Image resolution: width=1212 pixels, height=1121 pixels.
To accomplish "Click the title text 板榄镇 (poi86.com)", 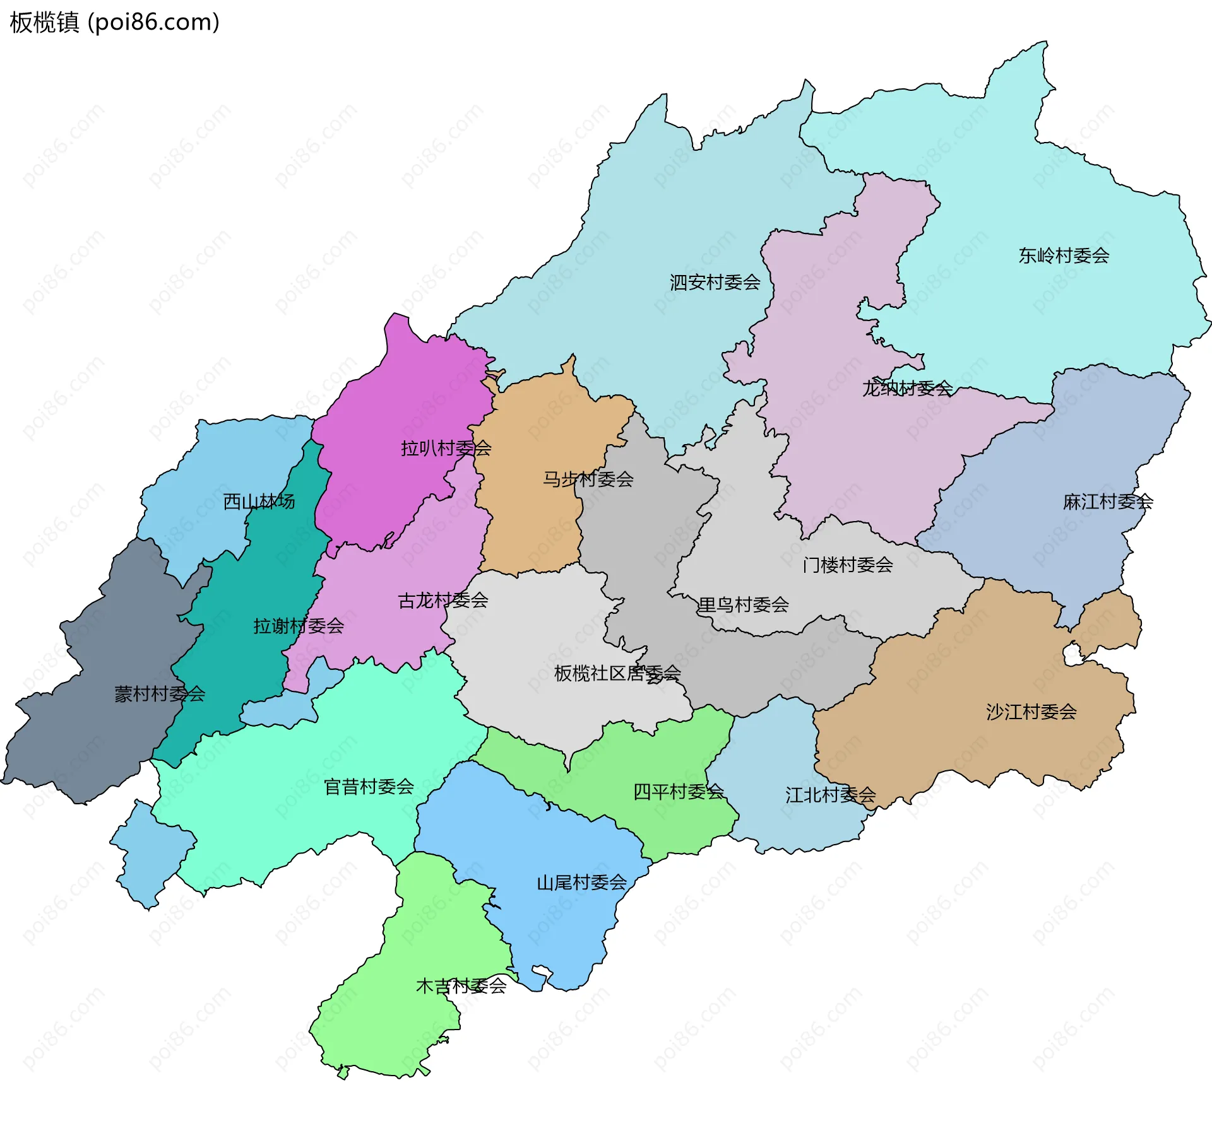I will [x=114, y=23].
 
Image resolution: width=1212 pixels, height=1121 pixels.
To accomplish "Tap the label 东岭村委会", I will [x=1064, y=255].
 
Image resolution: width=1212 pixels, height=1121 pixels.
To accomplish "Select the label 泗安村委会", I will [x=715, y=282].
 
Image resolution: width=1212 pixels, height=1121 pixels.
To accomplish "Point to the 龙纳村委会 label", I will [x=907, y=388].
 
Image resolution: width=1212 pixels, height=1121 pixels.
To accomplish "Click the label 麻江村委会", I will [x=1108, y=502].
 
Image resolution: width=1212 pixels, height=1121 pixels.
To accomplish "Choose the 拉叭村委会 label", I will [x=446, y=449].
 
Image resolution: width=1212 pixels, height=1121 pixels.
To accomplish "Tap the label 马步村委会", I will [x=588, y=479].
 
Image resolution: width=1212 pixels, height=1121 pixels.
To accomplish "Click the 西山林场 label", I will [x=259, y=502].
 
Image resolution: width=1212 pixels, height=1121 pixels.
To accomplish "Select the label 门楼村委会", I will [x=847, y=565].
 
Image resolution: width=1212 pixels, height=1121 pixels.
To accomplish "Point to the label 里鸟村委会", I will [x=743, y=605].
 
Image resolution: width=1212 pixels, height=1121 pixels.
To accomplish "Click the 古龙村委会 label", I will [x=443, y=601].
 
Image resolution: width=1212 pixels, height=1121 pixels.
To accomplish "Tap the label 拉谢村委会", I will [x=299, y=626].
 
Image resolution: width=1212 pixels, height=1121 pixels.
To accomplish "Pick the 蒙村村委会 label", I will [x=160, y=694].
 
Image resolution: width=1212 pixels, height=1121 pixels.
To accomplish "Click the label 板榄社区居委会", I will [x=617, y=673].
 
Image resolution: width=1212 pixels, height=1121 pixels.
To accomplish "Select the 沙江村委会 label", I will [x=1031, y=712].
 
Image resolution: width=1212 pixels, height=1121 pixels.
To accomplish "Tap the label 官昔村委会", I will [x=369, y=787].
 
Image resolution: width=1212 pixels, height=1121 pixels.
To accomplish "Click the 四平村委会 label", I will [x=678, y=792].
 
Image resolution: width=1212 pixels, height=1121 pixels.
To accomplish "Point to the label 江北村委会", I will [x=830, y=795].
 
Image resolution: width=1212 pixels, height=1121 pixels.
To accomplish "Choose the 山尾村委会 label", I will [x=581, y=883].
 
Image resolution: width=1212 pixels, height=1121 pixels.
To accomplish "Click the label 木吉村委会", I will [x=461, y=986].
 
